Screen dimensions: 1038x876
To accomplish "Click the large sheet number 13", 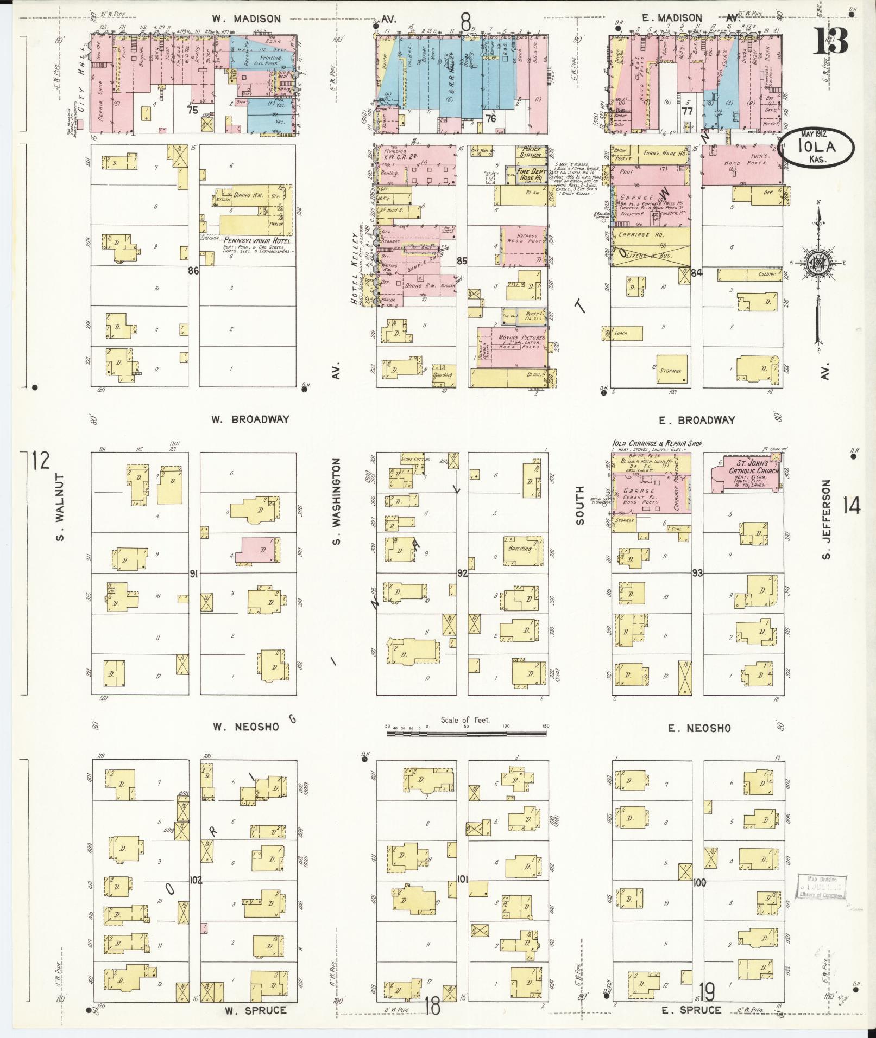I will pos(829,41).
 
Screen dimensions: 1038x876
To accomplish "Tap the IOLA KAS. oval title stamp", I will pos(816,147).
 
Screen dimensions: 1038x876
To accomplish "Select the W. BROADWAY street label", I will pos(251,419).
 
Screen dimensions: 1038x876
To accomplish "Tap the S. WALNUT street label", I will pos(60,508).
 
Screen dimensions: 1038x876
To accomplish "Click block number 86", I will pos(193,271).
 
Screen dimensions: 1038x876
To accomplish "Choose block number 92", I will pos(462,572).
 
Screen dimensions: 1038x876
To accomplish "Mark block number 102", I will pos(196,880).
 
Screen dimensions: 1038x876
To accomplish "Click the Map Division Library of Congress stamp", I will pos(822,887).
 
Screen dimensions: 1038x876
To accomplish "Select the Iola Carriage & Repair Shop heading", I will pos(657,443).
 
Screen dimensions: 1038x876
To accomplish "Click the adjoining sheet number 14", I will pos(851,507).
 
